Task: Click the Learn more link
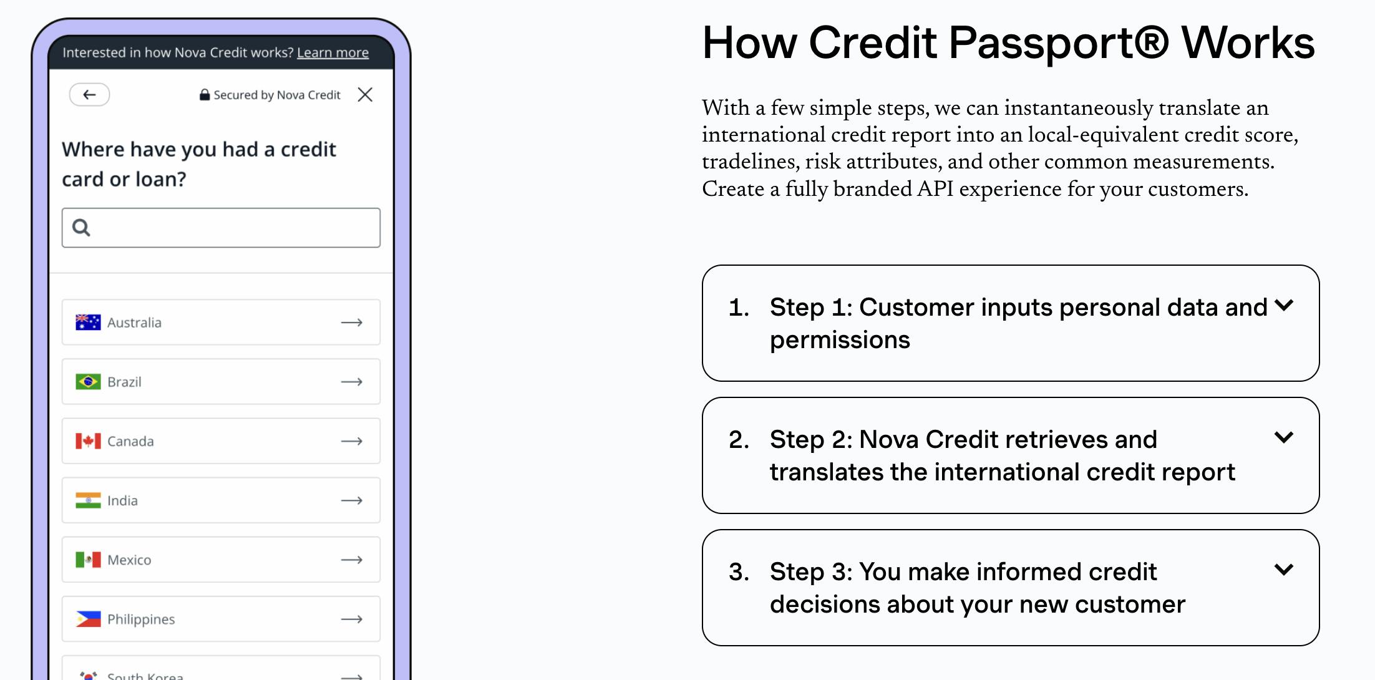(333, 52)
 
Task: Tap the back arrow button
(89, 95)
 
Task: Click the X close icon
(365, 95)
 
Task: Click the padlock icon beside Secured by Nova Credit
(204, 95)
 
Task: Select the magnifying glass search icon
(81, 228)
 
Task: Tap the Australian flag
(88, 322)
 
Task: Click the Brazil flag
(88, 381)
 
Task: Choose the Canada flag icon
(88, 441)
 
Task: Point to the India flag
(88, 500)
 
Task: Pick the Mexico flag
(88, 560)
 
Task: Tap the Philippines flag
(88, 619)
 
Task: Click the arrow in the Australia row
(352, 323)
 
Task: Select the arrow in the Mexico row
(352, 560)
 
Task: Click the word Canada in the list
(130, 441)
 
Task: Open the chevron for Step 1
(1284, 305)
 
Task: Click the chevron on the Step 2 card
(1284, 437)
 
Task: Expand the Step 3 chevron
(1284, 570)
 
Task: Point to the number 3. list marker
(739, 572)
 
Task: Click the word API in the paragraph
(935, 188)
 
